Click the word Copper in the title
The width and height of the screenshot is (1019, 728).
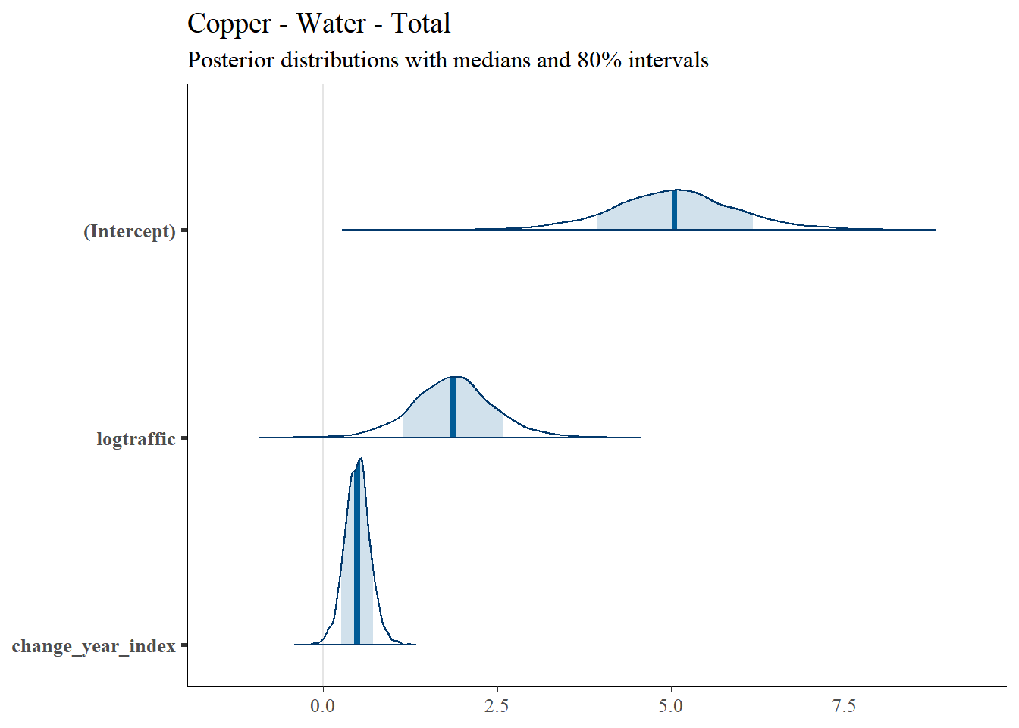(229, 24)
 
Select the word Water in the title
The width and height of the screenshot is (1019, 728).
(331, 24)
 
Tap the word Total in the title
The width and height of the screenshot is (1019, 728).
(421, 24)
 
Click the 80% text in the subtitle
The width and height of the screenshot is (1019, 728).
(599, 60)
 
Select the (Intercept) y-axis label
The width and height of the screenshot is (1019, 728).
(129, 231)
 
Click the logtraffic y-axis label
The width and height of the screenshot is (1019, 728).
(136, 439)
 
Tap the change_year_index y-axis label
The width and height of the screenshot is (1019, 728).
(94, 646)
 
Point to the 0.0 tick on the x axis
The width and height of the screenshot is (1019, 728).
(322, 706)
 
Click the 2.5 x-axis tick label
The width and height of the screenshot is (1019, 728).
(497, 706)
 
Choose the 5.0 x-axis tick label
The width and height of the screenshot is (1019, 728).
(670, 706)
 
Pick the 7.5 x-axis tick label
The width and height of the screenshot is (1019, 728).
(845, 706)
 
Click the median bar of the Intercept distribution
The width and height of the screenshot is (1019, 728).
(674, 210)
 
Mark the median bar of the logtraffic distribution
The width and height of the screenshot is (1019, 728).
(453, 407)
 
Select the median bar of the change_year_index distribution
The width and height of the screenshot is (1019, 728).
(357, 554)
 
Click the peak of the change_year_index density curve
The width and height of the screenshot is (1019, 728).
(361, 458)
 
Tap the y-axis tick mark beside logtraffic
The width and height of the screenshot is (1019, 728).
(184, 438)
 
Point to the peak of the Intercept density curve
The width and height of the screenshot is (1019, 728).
(678, 190)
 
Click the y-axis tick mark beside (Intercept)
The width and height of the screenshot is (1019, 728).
(184, 231)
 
